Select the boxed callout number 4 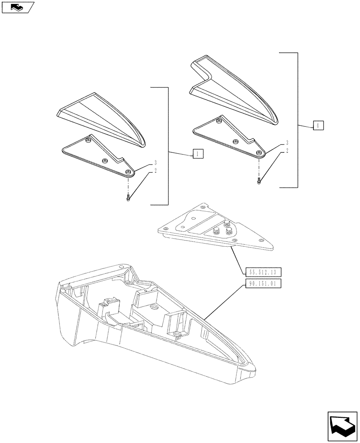[x=317, y=125]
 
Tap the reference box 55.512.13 [x=263, y=272]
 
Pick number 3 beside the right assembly [x=287, y=143]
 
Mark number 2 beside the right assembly [x=287, y=151]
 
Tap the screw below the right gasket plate [x=259, y=180]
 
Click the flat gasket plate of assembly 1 [x=98, y=155]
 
